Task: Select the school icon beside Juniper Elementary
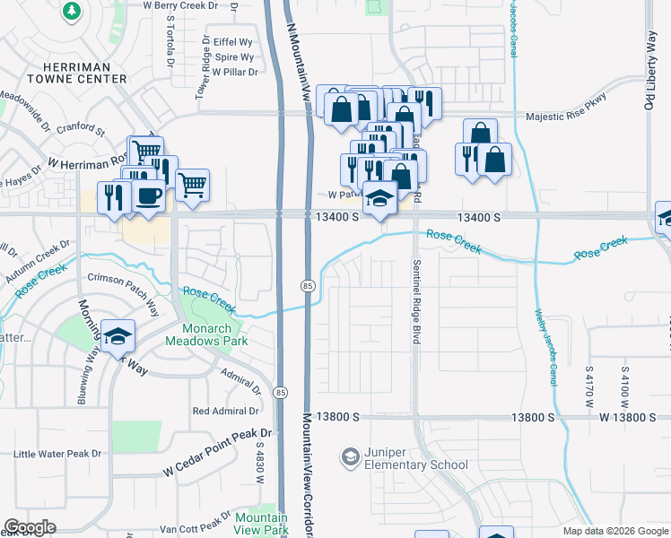(x=349, y=458)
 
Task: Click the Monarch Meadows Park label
(x=208, y=334)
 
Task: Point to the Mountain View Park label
(x=261, y=525)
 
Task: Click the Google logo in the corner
(x=30, y=527)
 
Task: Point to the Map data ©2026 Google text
(x=615, y=531)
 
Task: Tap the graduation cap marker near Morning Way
(x=118, y=336)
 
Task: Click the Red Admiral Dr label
(x=225, y=411)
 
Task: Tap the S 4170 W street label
(x=588, y=386)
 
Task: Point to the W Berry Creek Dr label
(x=182, y=4)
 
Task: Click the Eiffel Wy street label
(x=233, y=42)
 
